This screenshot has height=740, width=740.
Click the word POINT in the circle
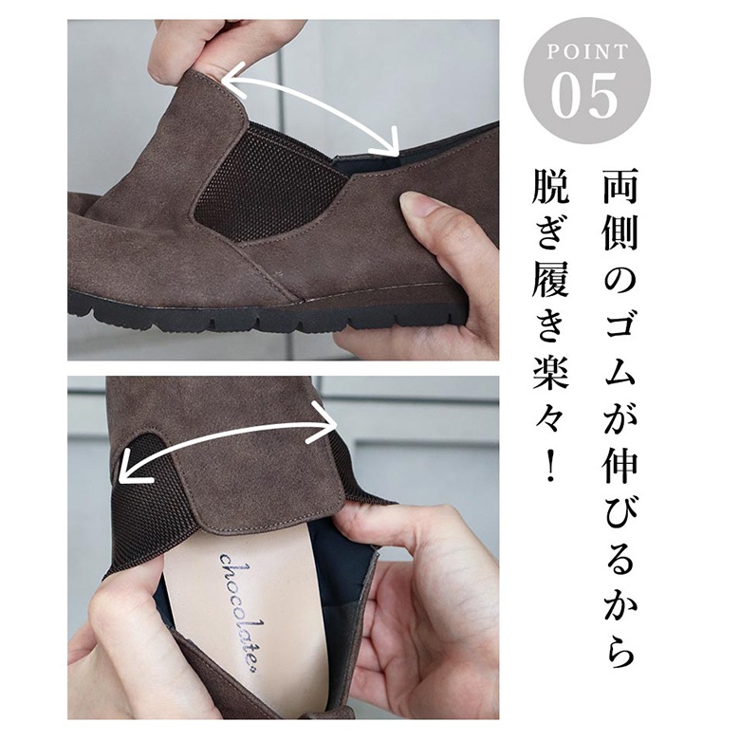click(587, 51)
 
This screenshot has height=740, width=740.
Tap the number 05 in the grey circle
click(584, 96)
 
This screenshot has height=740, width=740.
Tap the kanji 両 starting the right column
click(620, 186)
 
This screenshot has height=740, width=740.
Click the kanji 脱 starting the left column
click(549, 186)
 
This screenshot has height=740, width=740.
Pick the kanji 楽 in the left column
click(549, 371)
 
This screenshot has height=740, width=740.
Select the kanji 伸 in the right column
click(620, 464)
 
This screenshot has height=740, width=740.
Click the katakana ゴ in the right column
click(620, 325)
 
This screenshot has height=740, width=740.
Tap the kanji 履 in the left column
click(549, 279)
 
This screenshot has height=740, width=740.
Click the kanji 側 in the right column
click(620, 232)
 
